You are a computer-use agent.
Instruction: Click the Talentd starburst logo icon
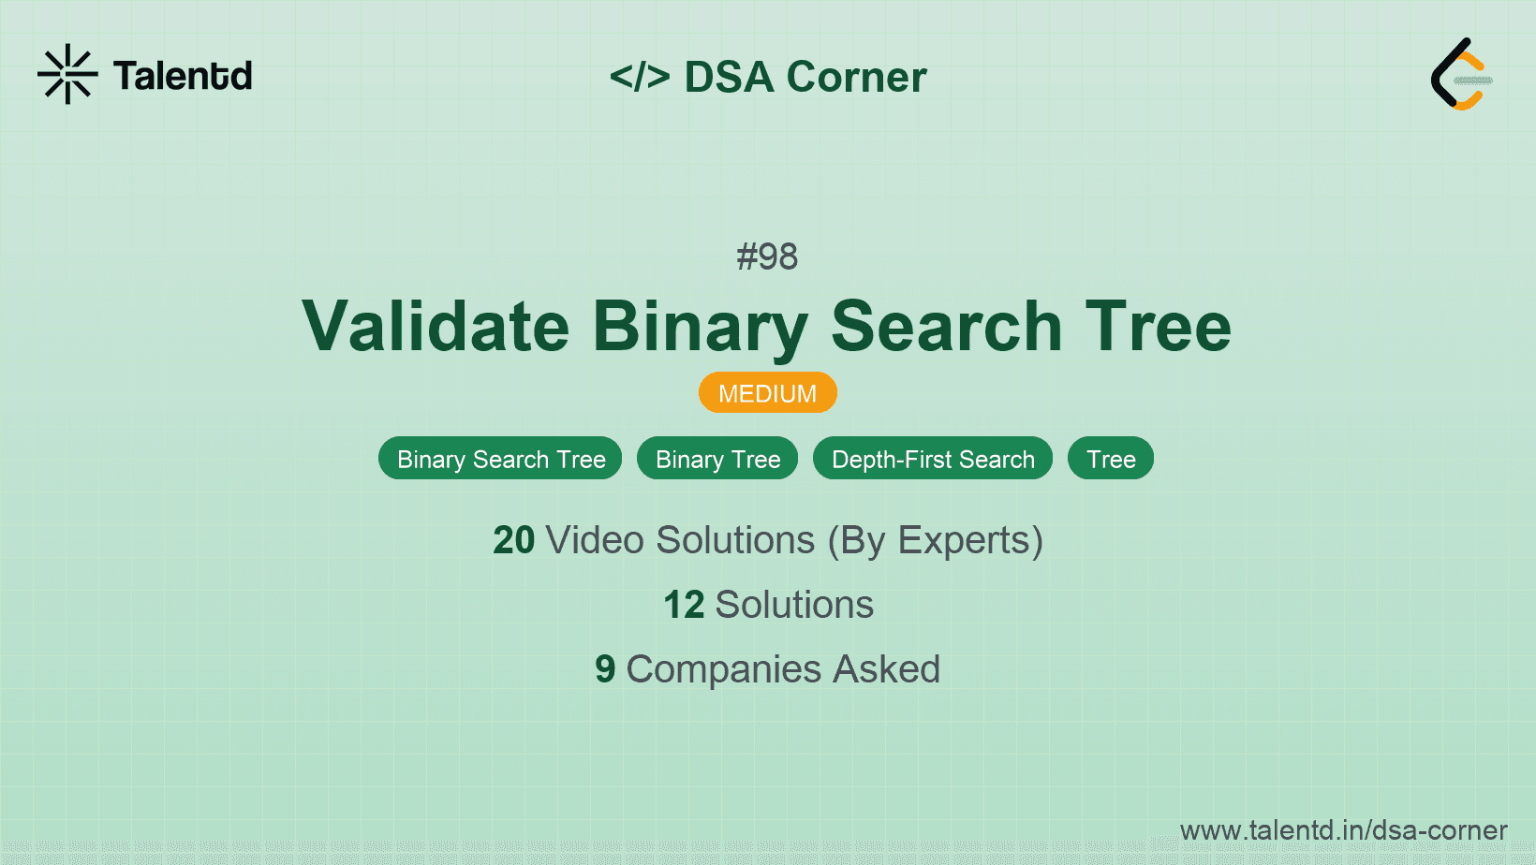pos(67,74)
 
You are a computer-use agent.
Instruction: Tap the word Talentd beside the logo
pos(183,76)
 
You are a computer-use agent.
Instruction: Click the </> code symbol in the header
pos(640,77)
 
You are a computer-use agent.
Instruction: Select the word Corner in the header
pos(856,77)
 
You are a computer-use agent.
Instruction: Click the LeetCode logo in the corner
pos(1460,74)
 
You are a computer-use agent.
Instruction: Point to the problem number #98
pos(767,257)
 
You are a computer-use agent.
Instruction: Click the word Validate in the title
pos(436,327)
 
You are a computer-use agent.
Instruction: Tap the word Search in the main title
pos(946,327)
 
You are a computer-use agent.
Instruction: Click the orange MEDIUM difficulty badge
pos(767,393)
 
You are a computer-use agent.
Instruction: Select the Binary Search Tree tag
pos(500,459)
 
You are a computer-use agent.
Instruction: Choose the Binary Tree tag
pos(717,459)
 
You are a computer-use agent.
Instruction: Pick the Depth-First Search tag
pos(933,459)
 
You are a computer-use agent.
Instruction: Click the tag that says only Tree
pos(1111,459)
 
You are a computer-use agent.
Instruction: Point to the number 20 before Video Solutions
pos(513,540)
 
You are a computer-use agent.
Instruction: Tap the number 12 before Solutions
pos(684,605)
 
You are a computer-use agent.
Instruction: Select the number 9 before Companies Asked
pos(605,669)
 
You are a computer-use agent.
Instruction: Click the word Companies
pos(723,669)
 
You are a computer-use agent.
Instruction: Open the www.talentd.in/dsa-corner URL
pos(1343,830)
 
